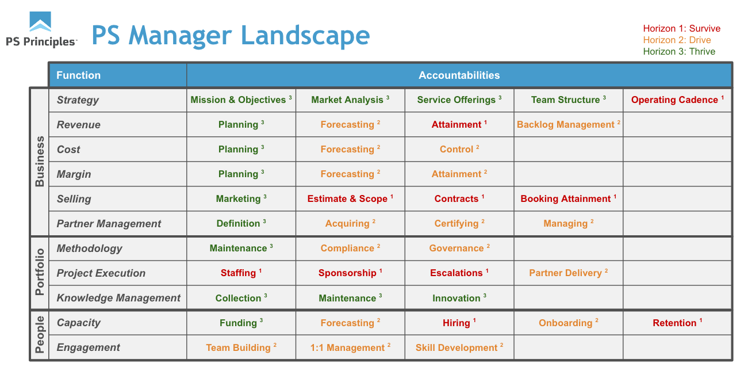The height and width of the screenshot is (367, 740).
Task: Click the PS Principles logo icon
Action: coord(40,21)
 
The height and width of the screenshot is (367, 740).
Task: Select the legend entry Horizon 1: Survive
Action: coord(681,28)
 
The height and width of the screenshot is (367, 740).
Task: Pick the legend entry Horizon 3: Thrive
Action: coord(679,52)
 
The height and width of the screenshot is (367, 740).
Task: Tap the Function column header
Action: coord(79,75)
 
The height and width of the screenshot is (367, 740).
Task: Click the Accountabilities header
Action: coord(459,75)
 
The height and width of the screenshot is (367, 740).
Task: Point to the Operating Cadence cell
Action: coord(677,100)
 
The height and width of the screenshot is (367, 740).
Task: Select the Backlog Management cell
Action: coord(568,124)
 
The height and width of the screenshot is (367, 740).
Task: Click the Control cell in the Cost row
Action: coord(459,149)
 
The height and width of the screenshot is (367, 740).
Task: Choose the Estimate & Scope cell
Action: coord(350,198)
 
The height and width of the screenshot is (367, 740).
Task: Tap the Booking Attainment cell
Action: coord(568,198)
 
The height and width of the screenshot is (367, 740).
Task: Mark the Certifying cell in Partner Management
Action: coord(459,223)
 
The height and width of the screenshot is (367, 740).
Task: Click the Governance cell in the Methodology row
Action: coord(459,248)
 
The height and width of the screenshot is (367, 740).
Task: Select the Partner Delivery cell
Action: coord(568,273)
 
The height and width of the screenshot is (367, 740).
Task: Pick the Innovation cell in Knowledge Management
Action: coord(459,298)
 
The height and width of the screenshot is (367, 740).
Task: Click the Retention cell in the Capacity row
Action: coord(677,323)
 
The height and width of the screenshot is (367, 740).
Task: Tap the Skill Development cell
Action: coord(459,347)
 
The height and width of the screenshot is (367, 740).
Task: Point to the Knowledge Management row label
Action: coord(118,298)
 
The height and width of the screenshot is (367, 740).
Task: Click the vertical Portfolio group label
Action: coord(40,272)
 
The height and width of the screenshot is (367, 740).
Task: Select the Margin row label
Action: coord(74,174)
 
